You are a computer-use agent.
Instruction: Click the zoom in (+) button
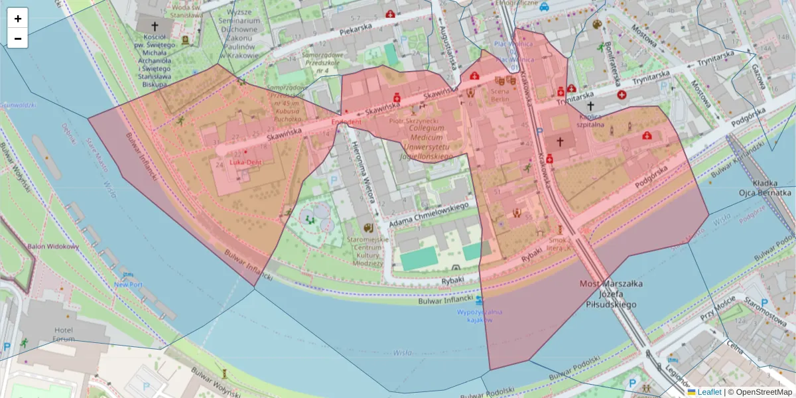point(18,19)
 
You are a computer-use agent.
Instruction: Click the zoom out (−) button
point(18,38)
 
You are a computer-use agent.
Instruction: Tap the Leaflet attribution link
point(708,392)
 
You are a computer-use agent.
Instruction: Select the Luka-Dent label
point(245,161)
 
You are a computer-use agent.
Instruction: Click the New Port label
point(127,285)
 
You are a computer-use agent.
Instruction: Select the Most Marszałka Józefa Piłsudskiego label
point(607,294)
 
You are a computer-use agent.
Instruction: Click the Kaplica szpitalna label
point(590,119)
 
